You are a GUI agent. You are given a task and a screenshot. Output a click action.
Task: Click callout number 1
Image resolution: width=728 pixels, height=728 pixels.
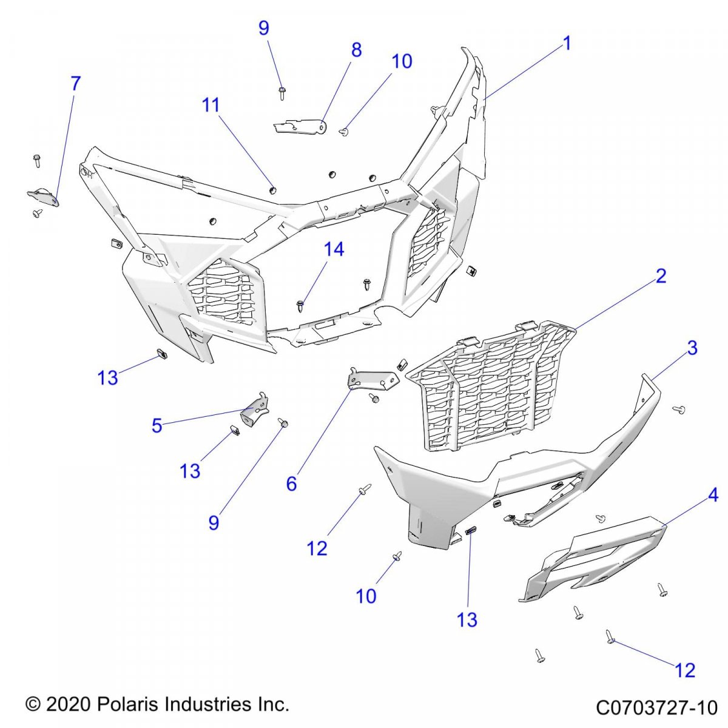pos(567,44)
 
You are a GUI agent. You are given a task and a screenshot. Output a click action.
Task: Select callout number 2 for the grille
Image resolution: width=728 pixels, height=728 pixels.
pos(661,276)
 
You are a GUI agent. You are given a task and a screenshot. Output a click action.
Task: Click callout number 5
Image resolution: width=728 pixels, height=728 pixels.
pos(157,426)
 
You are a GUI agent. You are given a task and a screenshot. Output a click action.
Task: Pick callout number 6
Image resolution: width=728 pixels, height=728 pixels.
pos(292,484)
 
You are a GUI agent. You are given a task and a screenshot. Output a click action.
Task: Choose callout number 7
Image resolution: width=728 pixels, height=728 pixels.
pos(75,84)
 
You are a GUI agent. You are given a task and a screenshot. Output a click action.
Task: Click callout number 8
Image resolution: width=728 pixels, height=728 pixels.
pos(356,50)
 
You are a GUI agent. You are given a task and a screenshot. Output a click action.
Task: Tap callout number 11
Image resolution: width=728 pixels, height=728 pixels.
pos(211,105)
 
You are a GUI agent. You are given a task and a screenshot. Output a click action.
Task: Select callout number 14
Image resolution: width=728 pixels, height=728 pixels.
pos(334,249)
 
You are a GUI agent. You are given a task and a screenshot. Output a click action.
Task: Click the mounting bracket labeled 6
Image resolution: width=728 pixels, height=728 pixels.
pos(371,381)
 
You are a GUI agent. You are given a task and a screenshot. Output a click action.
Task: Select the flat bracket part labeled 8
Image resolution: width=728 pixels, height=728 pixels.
pos(300,126)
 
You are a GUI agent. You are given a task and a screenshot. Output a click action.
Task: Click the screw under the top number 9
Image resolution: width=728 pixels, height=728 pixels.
pos(282,93)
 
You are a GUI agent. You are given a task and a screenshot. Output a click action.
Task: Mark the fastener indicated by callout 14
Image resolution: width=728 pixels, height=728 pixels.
pos(301,305)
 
